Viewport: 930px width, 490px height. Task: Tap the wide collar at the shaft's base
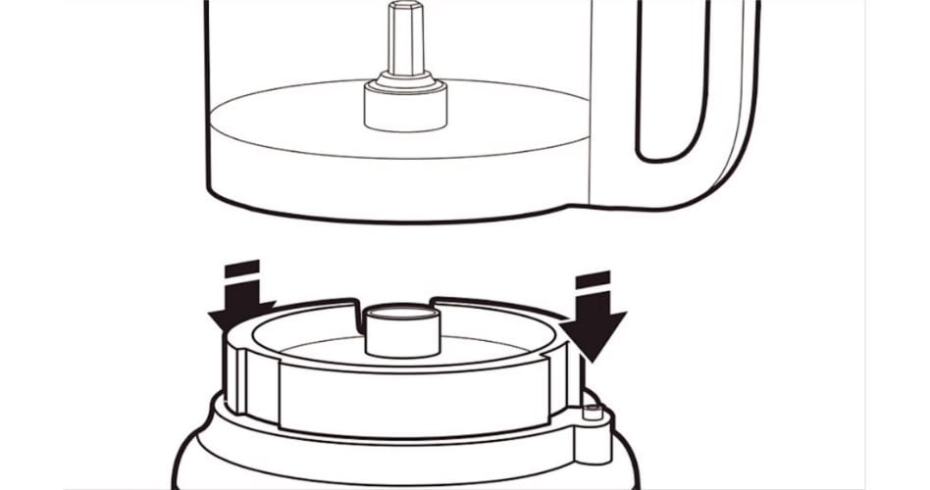[405, 105]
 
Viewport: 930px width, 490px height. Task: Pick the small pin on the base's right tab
[593, 413]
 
